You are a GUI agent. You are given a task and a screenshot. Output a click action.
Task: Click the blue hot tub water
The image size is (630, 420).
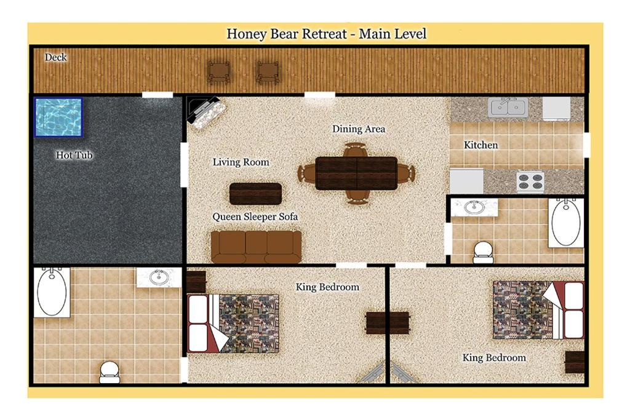58,117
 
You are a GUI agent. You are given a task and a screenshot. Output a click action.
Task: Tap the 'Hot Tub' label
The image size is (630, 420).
74,155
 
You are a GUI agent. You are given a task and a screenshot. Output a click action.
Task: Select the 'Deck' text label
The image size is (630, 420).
55,57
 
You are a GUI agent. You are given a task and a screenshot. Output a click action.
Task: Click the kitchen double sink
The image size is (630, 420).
507,108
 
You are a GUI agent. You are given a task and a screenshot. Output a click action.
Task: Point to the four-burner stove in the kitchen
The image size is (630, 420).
530,181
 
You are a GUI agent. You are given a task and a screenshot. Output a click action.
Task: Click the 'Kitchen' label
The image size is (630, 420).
481,145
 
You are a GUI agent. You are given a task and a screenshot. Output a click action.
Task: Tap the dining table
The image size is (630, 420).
356,173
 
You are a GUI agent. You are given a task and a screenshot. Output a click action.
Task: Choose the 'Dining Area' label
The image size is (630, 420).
359,129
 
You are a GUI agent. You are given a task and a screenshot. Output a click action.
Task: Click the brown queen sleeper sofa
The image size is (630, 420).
256,246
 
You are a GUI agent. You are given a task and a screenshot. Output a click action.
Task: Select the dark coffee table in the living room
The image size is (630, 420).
255,194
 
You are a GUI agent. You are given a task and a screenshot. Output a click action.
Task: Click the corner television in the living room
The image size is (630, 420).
205,112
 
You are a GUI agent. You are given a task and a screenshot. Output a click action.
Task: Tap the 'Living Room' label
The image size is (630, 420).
241,162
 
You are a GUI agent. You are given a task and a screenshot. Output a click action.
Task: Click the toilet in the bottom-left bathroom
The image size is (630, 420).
110,371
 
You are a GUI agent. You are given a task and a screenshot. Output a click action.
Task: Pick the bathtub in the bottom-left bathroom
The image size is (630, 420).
52,292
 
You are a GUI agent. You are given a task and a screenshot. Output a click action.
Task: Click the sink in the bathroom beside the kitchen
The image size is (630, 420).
474,207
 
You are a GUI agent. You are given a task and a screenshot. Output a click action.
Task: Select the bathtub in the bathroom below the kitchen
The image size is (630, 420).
565,223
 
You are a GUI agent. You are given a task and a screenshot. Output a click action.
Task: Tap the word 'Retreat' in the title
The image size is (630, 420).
324,33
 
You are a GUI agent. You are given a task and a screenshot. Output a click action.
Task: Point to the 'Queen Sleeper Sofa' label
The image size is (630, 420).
255,217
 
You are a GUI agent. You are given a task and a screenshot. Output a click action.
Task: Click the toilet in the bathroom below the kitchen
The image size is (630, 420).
484,251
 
